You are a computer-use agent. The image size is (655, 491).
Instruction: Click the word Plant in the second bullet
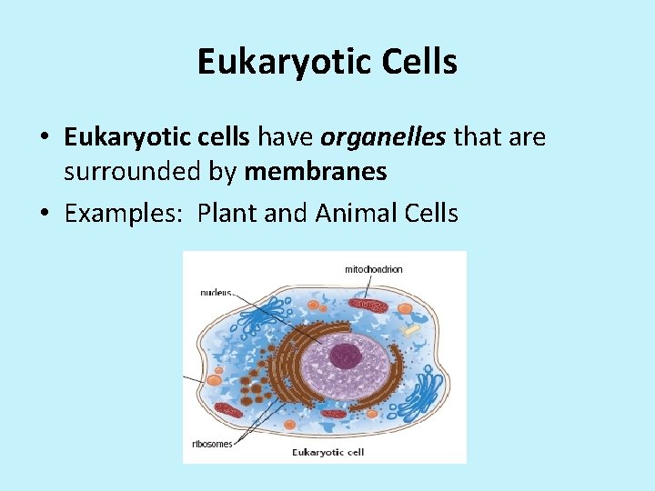(x=227, y=214)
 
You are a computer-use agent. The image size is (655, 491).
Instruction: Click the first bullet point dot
(x=45, y=138)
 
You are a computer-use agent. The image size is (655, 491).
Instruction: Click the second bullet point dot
(x=45, y=215)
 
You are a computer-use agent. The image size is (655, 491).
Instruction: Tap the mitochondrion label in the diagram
(x=373, y=269)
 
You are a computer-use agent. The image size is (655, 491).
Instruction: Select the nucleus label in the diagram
(x=216, y=293)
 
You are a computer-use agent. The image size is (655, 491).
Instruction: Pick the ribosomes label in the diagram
(x=213, y=444)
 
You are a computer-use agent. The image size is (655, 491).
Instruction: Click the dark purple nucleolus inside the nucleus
(x=344, y=356)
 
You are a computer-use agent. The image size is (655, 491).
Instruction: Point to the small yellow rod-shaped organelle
(x=411, y=328)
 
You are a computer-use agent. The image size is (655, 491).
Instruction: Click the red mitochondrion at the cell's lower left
(x=228, y=411)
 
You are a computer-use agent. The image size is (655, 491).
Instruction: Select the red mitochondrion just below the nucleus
(x=334, y=414)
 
